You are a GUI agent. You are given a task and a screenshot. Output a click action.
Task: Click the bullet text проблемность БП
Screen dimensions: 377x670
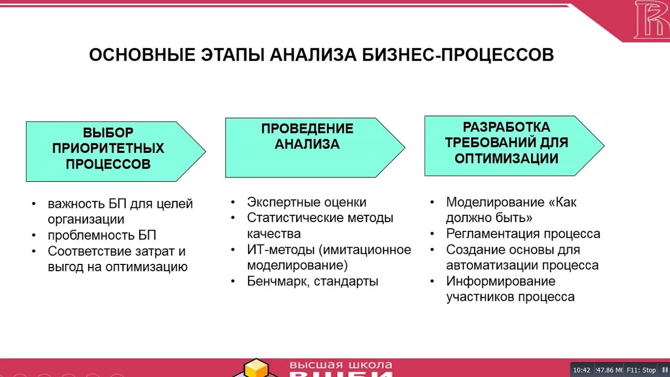[x=102, y=235]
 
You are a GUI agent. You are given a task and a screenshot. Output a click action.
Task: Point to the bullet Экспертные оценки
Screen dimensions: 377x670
[x=306, y=202]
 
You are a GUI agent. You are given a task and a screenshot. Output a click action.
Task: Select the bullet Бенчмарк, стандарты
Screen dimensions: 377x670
[x=312, y=281]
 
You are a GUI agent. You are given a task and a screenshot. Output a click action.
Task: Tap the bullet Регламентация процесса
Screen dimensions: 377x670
[x=523, y=234]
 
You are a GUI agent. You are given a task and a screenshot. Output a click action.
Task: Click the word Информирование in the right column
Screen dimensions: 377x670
[x=500, y=281]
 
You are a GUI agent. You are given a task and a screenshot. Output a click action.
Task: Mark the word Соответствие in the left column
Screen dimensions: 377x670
[x=91, y=251]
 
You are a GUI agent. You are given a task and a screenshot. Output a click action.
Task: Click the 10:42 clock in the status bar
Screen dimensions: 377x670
[x=581, y=370]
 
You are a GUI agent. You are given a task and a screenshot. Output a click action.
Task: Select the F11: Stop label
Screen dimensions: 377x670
[x=641, y=370]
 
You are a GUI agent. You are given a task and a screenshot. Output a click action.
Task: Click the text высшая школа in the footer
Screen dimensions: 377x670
[x=341, y=365]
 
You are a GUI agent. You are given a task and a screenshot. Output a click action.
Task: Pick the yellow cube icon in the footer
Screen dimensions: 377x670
[x=256, y=368]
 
